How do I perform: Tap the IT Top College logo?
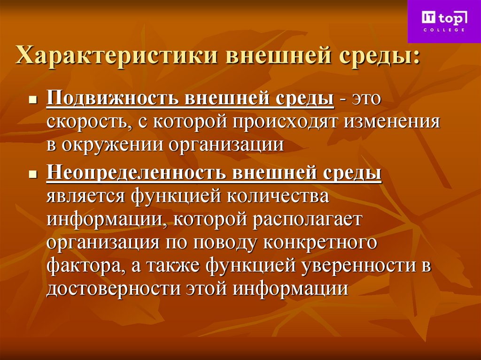(x=444, y=21)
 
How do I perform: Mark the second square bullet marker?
(x=33, y=175)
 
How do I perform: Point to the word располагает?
(x=309, y=219)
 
